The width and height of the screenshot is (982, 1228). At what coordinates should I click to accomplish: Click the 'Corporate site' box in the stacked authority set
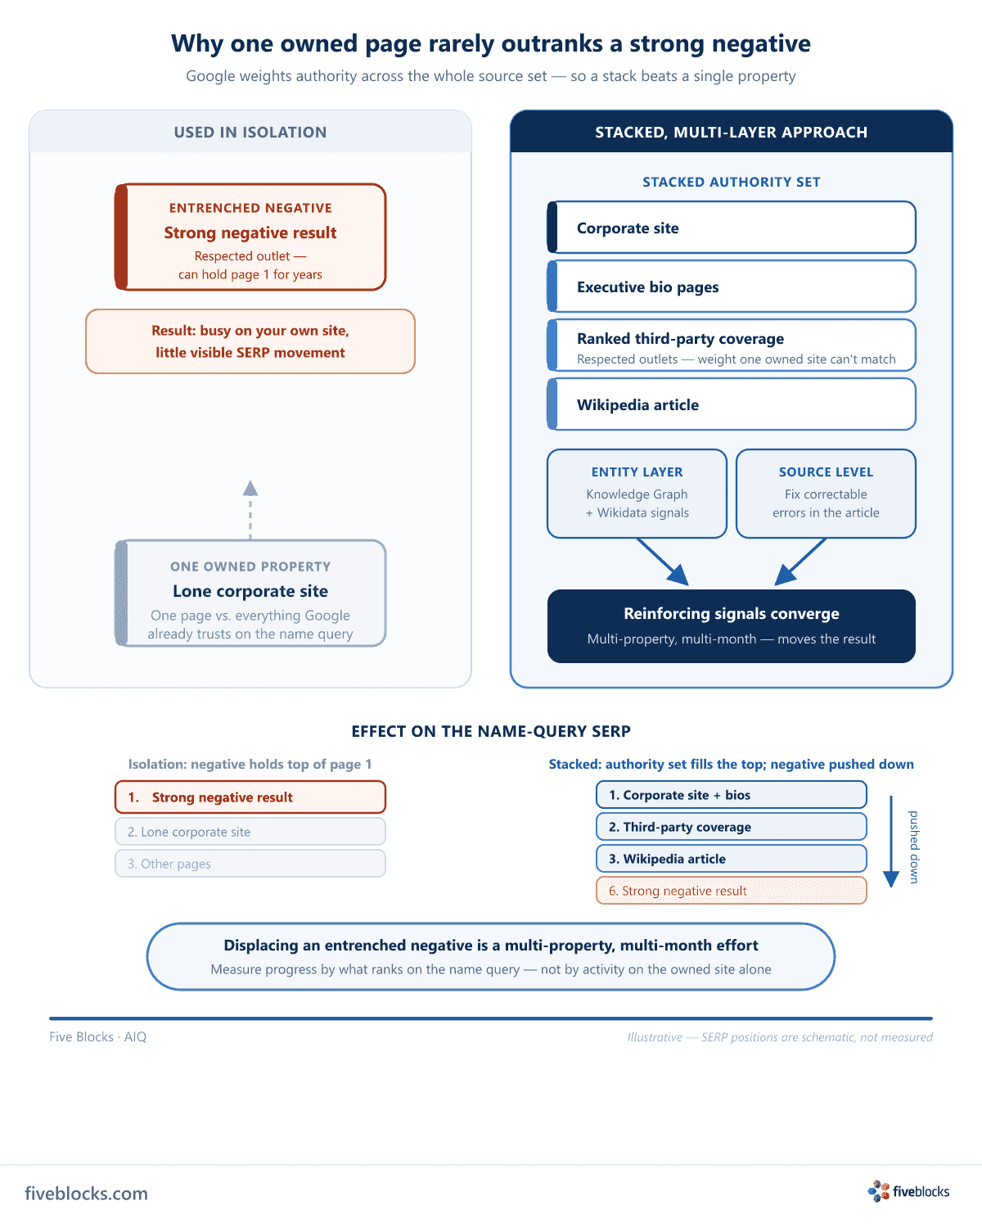[731, 227]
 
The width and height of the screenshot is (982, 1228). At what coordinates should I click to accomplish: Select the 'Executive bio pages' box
[731, 286]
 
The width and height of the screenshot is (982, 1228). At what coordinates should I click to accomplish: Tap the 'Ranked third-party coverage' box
[731, 345]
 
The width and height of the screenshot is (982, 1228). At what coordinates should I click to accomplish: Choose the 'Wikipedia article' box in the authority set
[731, 404]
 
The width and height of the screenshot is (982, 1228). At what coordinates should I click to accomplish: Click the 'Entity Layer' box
[637, 493]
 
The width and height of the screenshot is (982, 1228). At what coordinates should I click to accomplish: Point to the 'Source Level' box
[826, 493]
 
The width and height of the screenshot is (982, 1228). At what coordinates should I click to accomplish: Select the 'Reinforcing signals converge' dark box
[731, 625]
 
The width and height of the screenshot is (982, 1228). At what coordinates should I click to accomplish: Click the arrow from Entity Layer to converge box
[663, 562]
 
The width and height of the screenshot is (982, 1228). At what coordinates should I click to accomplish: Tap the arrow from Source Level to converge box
[800, 562]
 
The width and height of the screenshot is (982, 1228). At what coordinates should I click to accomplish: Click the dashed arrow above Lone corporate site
[250, 510]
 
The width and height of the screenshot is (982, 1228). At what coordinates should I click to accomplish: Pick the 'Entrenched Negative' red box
[250, 237]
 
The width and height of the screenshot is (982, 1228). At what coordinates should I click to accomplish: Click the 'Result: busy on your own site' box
[250, 341]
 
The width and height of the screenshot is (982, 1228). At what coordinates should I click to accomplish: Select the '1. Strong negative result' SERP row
[250, 797]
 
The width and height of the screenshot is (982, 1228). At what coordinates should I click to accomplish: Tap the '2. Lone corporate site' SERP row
[250, 832]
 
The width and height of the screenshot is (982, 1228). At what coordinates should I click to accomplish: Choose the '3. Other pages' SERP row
[250, 864]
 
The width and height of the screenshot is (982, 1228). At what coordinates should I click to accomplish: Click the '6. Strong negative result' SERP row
[731, 890]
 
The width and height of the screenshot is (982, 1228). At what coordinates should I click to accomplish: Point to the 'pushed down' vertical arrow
[890, 841]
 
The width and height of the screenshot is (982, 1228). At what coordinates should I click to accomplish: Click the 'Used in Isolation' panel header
[250, 132]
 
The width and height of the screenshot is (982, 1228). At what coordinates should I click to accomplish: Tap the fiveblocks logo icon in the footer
[878, 1191]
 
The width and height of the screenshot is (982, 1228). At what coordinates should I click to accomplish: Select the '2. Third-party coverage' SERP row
[731, 826]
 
